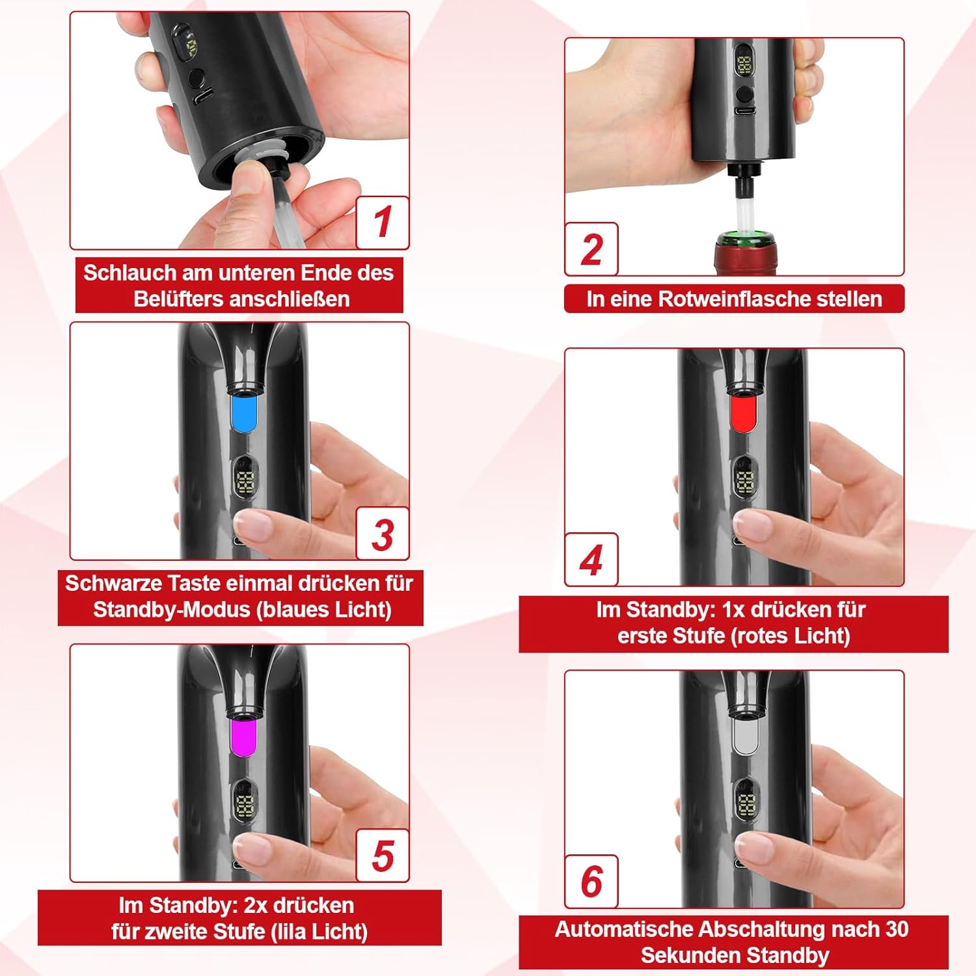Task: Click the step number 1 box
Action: click(383, 222)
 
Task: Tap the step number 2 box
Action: click(591, 249)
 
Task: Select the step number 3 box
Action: click(383, 533)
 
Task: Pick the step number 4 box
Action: click(591, 560)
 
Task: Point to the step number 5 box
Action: click(383, 855)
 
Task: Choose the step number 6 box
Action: click(591, 882)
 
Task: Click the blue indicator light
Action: click(245, 412)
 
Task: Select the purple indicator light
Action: click(245, 735)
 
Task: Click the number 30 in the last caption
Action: click(897, 929)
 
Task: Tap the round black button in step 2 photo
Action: click(744, 95)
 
